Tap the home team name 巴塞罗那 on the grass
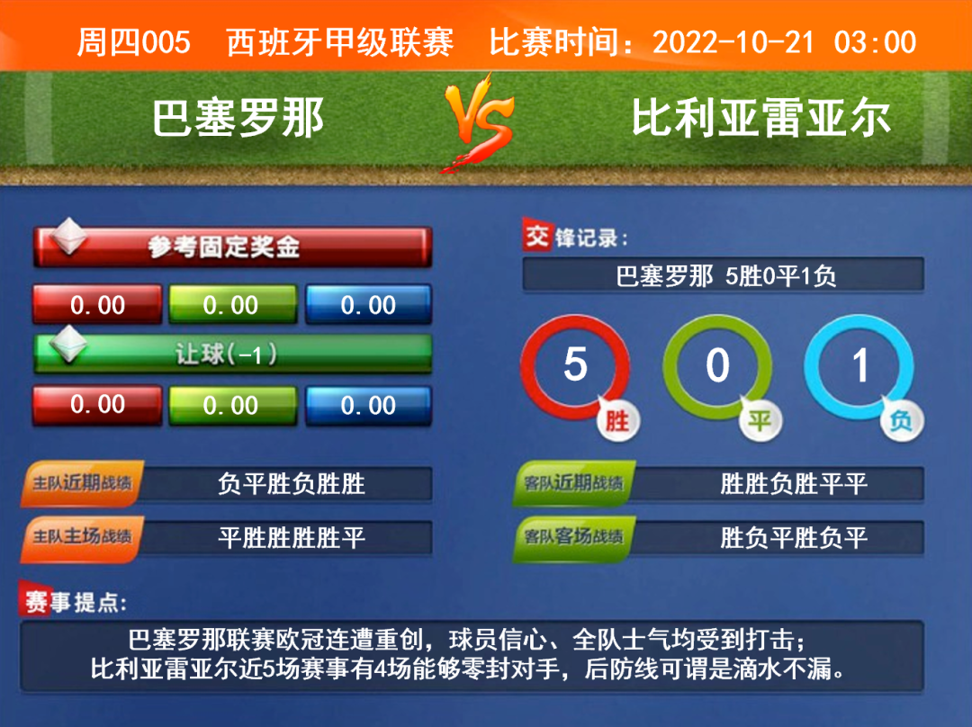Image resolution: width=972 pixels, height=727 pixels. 238,118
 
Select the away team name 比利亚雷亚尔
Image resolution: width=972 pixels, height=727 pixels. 761,118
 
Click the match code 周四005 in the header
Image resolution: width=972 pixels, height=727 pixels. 133,42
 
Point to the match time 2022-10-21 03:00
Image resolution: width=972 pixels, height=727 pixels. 784,42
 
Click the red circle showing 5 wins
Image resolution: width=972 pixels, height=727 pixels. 574,367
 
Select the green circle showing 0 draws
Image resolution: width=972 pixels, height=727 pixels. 717,367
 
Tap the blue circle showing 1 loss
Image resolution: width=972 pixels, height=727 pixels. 859,367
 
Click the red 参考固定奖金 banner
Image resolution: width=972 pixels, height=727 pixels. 232,247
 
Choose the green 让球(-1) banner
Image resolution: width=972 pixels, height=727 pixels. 232,354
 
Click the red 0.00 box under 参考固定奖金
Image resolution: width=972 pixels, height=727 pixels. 97,304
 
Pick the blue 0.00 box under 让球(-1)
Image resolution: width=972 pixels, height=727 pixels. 368,405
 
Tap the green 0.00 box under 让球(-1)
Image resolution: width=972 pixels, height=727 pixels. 233,405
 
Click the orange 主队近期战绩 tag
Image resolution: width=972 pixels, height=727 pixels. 83,483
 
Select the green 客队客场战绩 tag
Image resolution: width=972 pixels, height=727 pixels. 574,537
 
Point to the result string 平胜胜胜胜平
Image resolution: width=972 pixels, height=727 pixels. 292,537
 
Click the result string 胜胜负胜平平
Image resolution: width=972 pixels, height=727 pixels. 794,483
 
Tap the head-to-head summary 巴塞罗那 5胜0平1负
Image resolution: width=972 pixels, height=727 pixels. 726,276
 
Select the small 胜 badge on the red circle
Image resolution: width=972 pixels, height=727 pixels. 617,421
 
